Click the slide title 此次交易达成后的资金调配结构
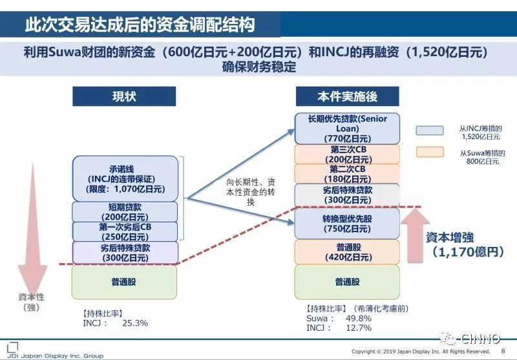[140, 25]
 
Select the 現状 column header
[124, 96]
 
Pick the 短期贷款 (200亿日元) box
[124, 211]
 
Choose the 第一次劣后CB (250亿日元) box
[124, 231]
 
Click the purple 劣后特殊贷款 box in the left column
[124, 252]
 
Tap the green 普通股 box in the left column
[124, 282]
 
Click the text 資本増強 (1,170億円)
[464, 244]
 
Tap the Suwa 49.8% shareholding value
[359, 319]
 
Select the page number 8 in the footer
[503, 351]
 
